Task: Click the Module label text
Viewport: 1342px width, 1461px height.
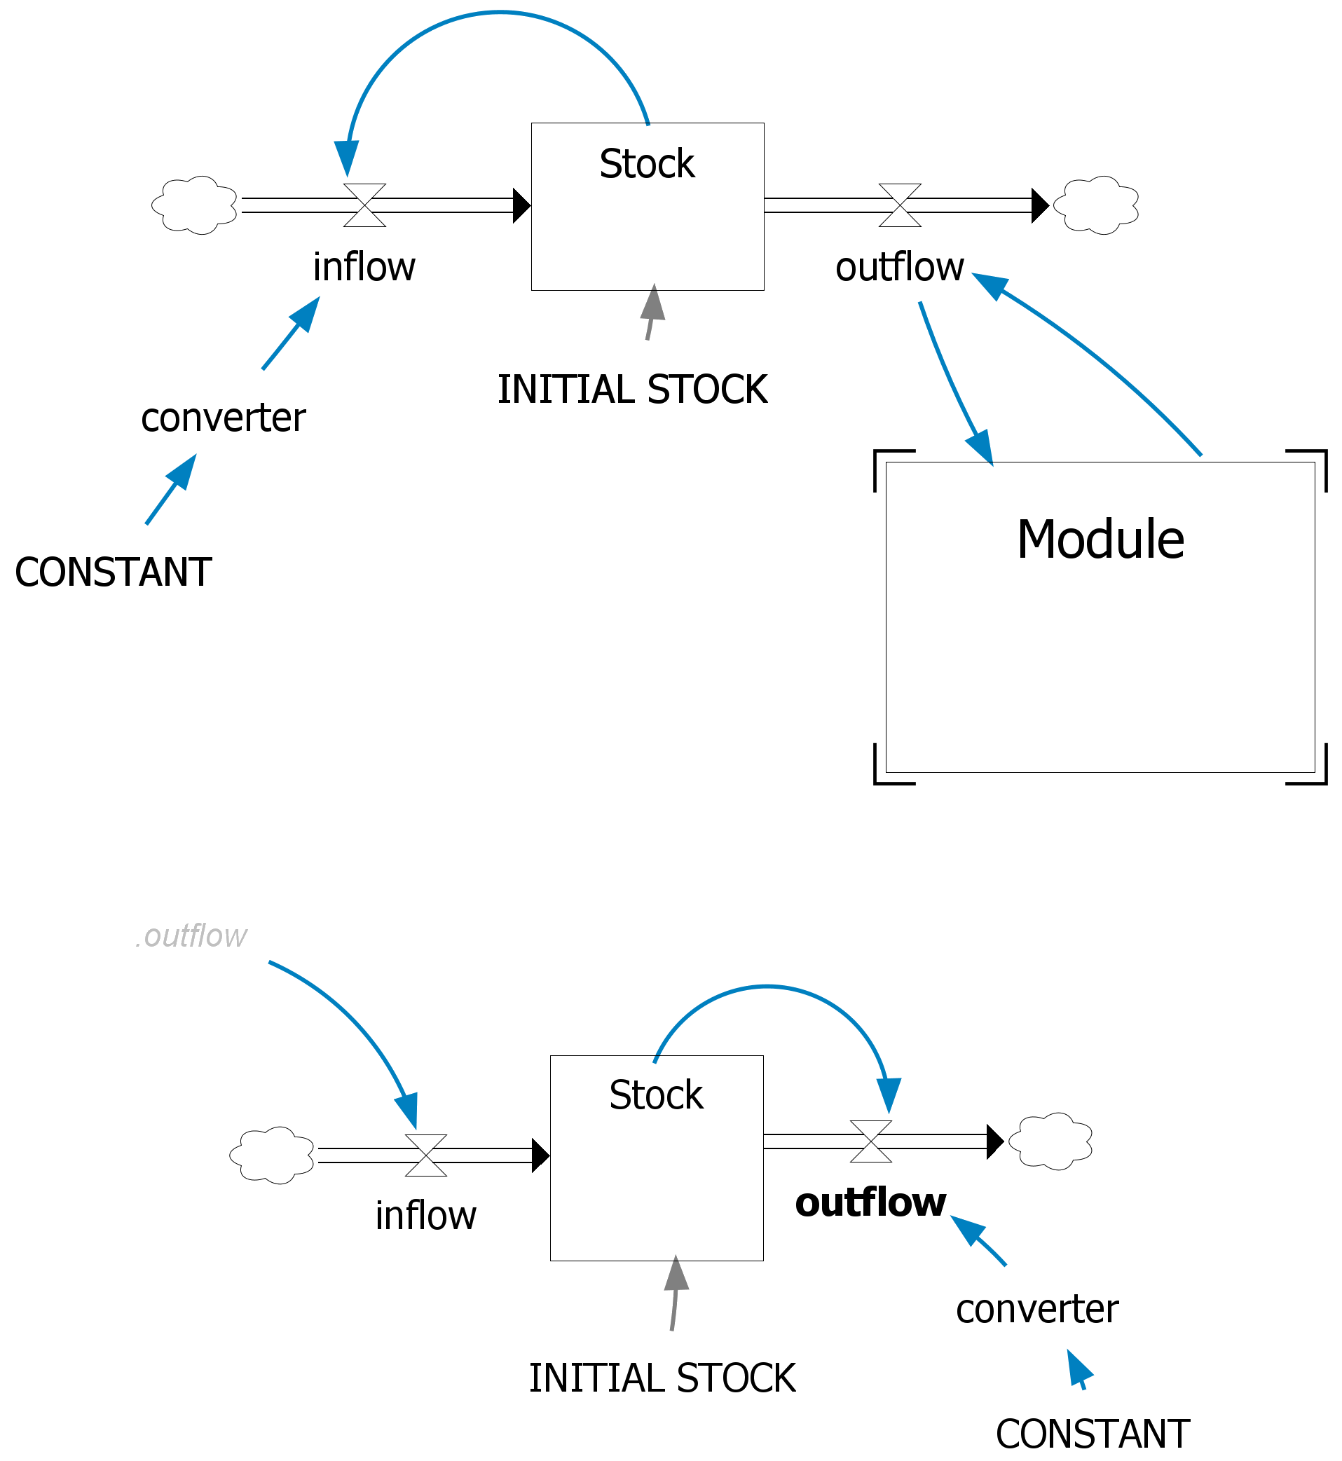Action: point(1100,540)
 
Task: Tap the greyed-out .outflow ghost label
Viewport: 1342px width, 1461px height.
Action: point(192,936)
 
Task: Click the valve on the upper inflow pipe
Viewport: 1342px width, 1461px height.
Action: point(364,205)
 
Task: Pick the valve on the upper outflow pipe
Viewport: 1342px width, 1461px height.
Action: point(900,205)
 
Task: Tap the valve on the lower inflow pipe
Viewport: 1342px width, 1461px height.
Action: point(425,1155)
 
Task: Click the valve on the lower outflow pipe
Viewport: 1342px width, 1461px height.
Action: point(870,1141)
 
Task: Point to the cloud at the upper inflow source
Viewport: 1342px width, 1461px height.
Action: point(195,205)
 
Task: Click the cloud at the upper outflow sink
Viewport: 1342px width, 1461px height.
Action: point(1096,205)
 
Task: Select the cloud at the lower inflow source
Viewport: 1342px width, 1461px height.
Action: point(273,1155)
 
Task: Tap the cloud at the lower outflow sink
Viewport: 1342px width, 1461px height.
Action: point(1050,1141)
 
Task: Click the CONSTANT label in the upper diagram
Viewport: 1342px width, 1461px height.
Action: point(114,572)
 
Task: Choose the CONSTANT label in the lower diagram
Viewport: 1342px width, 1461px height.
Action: point(1093,1434)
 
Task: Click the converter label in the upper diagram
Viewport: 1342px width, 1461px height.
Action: point(224,418)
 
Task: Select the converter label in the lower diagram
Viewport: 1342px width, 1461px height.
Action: point(1037,1309)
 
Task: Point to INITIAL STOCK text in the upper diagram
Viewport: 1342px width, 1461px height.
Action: point(633,390)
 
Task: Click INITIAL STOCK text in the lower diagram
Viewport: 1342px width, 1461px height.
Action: point(662,1378)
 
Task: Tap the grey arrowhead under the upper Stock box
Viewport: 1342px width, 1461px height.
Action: point(654,303)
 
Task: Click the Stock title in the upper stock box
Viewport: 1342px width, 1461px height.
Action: point(647,164)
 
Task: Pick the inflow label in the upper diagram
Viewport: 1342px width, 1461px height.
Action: point(364,267)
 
